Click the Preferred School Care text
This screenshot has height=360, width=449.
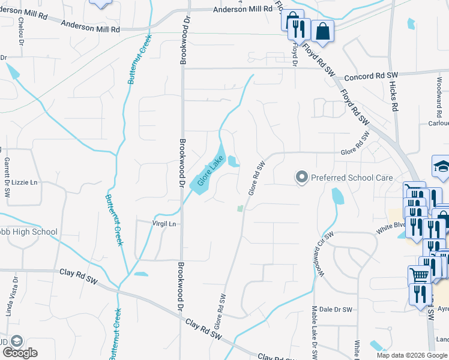point(352,178)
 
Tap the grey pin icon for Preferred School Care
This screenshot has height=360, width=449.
point(301,177)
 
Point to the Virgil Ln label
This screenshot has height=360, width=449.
point(164,224)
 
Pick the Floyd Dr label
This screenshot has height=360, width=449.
point(295,53)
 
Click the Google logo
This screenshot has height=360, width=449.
point(19,353)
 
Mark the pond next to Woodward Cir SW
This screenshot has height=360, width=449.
point(338,196)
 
